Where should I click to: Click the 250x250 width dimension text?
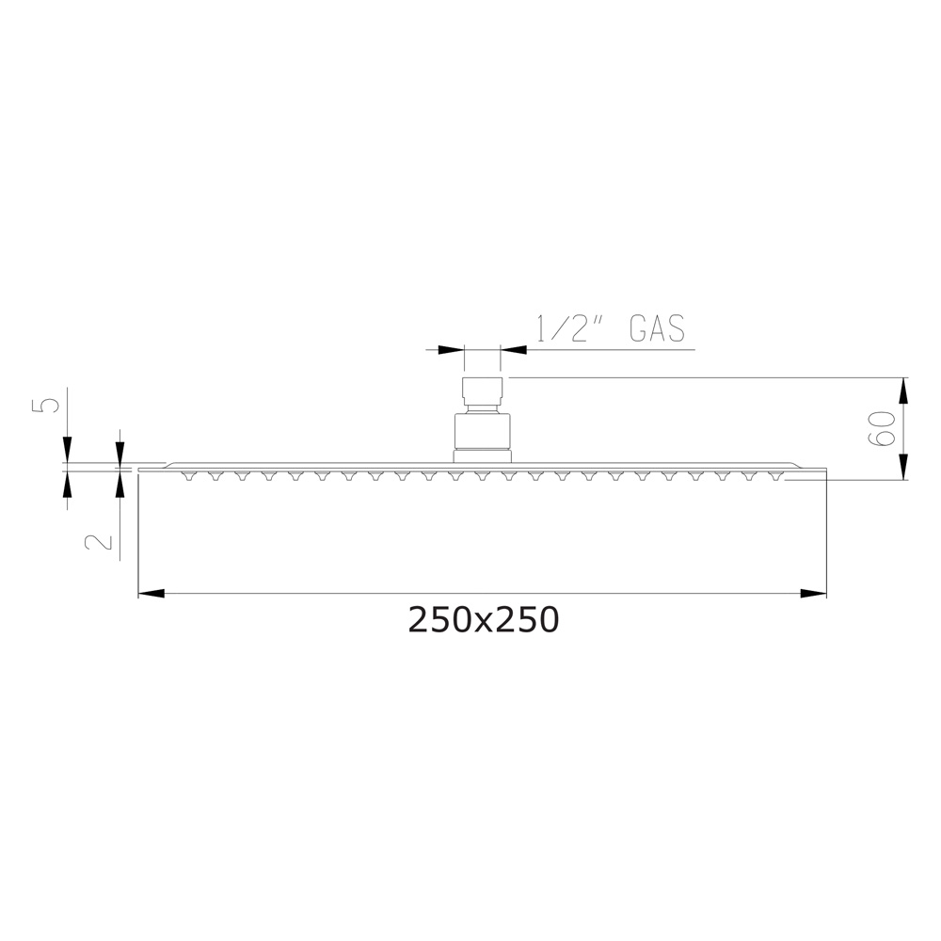coord(483,619)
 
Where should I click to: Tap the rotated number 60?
coord(882,428)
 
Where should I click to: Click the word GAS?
coord(657,328)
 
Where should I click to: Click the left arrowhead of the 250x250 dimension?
coord(152,594)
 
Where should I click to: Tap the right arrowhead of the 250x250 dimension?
coord(813,594)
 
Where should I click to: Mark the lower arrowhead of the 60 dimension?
coord(904,467)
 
